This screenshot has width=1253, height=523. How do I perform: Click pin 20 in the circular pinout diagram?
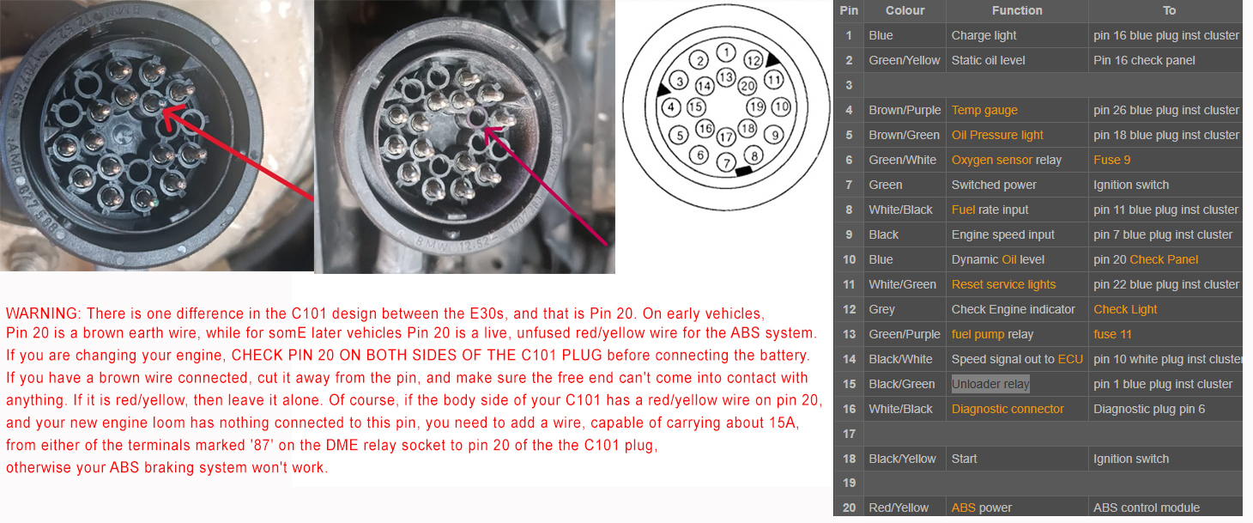coord(748,86)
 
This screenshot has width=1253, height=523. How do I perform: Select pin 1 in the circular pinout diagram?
coord(726,52)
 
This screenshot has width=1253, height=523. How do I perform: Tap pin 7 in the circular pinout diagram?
coord(726,163)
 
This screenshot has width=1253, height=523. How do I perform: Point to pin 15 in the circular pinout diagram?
coord(695,107)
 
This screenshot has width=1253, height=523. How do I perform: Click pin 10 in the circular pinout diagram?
coord(782,107)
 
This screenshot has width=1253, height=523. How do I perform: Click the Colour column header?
coord(905,10)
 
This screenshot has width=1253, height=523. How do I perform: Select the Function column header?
coord(1017,10)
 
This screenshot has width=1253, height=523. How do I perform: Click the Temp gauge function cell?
coord(984,110)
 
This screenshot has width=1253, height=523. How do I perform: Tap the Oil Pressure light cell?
coord(997,135)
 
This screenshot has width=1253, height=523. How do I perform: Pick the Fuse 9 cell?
coord(1112,160)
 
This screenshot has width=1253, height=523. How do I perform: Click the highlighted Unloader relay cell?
coord(990,384)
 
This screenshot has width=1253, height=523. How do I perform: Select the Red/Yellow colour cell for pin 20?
coord(899,508)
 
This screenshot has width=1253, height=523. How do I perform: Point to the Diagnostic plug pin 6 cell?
coord(1149,410)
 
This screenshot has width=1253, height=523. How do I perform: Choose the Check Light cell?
coord(1125,310)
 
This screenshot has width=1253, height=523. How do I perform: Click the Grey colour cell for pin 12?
coord(881,310)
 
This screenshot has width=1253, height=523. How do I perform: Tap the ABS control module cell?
coord(1147,508)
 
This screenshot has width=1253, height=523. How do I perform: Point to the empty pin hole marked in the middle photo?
coord(477,118)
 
